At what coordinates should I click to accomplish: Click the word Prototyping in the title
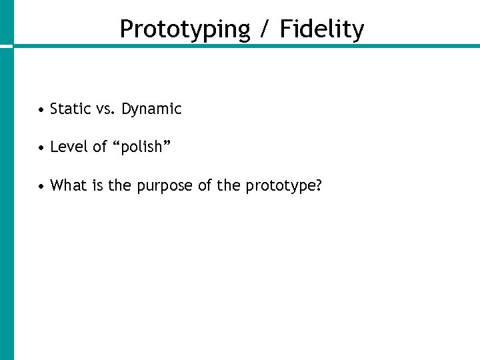tap(185, 29)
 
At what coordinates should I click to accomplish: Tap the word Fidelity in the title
tap(322, 29)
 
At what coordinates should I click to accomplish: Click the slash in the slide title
tap(265, 29)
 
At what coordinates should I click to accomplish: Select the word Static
tap(70, 109)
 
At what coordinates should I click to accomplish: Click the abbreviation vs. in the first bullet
tap(105, 109)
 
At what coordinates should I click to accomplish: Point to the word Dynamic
tap(151, 109)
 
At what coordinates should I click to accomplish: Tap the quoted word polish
tap(141, 147)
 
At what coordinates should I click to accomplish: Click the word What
tap(68, 185)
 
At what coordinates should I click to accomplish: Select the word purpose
tap(165, 186)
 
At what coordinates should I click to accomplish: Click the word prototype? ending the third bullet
tap(284, 186)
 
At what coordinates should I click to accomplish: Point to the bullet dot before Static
tap(41, 109)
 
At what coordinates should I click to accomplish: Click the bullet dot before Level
tap(41, 147)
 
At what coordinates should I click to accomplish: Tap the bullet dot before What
tap(41, 185)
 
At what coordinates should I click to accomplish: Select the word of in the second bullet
tap(100, 147)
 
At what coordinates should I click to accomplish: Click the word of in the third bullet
tap(205, 185)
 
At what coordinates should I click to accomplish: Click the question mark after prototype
tap(319, 185)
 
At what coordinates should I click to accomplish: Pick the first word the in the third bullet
tap(120, 185)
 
